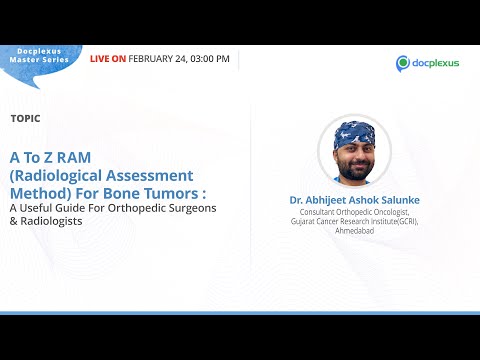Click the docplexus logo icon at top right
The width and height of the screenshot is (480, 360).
(x=403, y=63)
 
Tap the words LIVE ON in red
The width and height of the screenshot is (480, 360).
(x=107, y=59)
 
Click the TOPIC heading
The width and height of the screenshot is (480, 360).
(x=25, y=118)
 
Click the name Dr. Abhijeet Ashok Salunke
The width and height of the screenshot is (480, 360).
(x=353, y=200)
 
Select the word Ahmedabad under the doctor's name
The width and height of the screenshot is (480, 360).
(x=353, y=230)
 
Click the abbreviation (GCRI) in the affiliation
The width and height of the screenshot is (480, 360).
(x=404, y=221)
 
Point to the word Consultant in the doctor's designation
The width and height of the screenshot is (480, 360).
(x=316, y=212)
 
